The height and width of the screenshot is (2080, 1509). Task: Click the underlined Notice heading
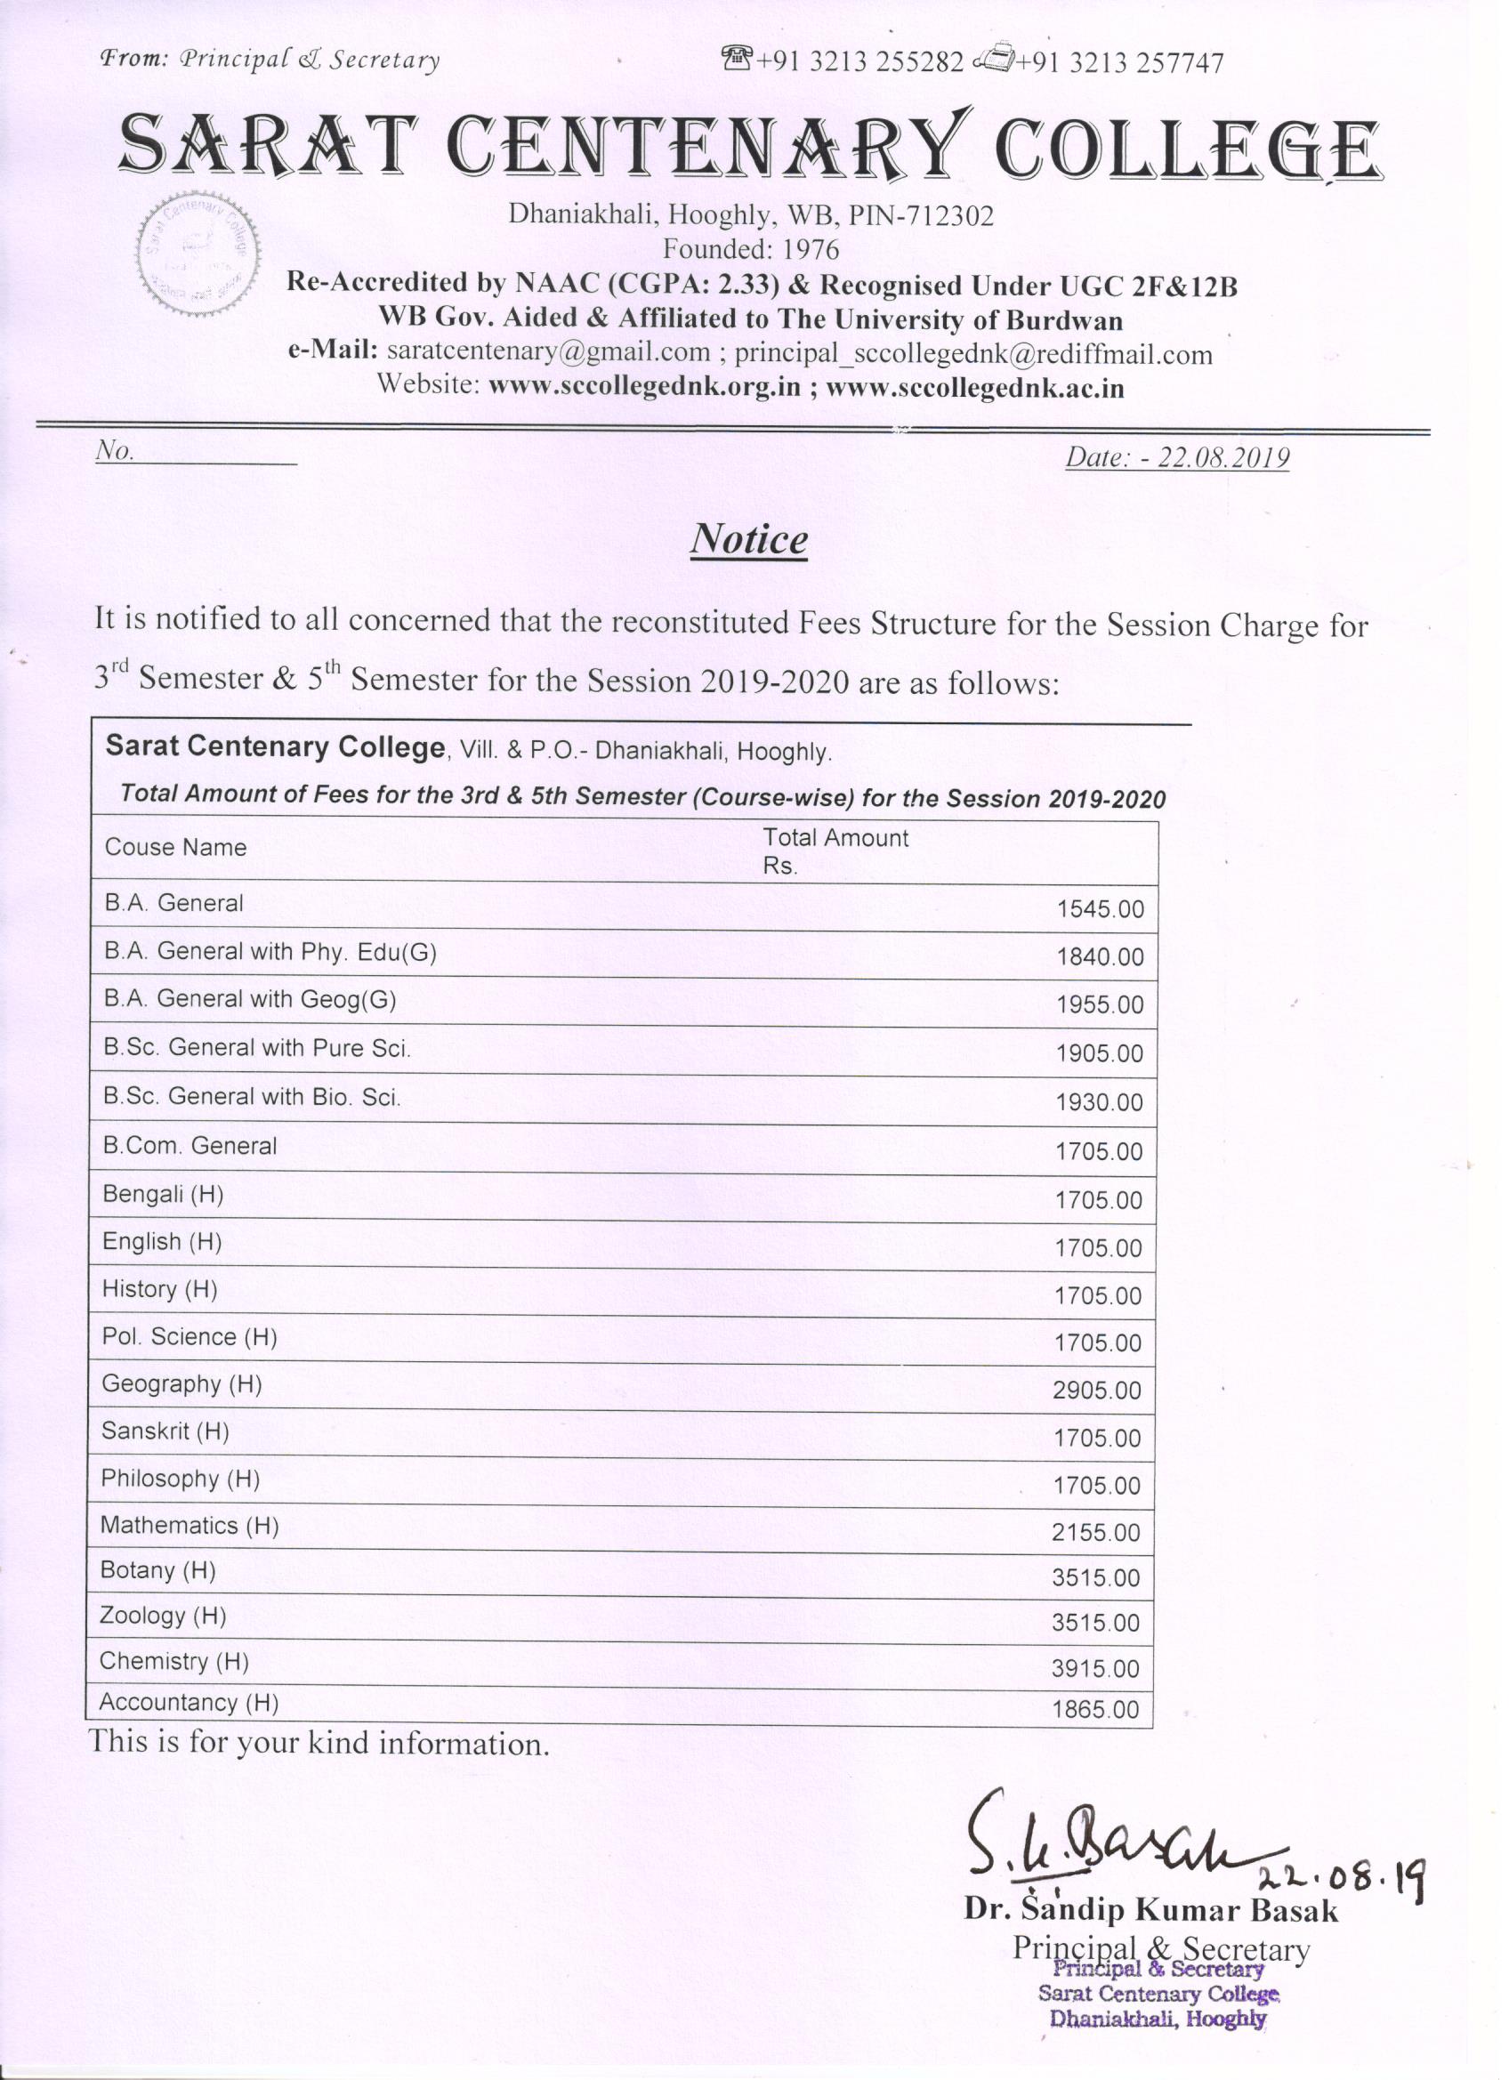748,539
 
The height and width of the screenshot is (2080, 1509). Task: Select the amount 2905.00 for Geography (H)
1096,1391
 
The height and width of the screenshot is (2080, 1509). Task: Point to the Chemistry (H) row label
174,1661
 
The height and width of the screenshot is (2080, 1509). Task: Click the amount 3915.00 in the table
1095,1668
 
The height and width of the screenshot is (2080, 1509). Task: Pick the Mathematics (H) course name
190,1525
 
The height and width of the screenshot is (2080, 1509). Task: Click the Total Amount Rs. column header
835,851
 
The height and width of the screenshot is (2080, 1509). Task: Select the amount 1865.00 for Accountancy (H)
1095,1710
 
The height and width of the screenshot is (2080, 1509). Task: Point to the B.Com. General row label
190,1146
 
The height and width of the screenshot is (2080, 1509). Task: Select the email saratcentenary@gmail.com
549,352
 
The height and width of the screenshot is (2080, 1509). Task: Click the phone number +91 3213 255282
859,61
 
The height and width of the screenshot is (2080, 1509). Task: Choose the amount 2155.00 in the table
1095,1533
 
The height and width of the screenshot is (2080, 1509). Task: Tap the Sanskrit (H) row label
165,1431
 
